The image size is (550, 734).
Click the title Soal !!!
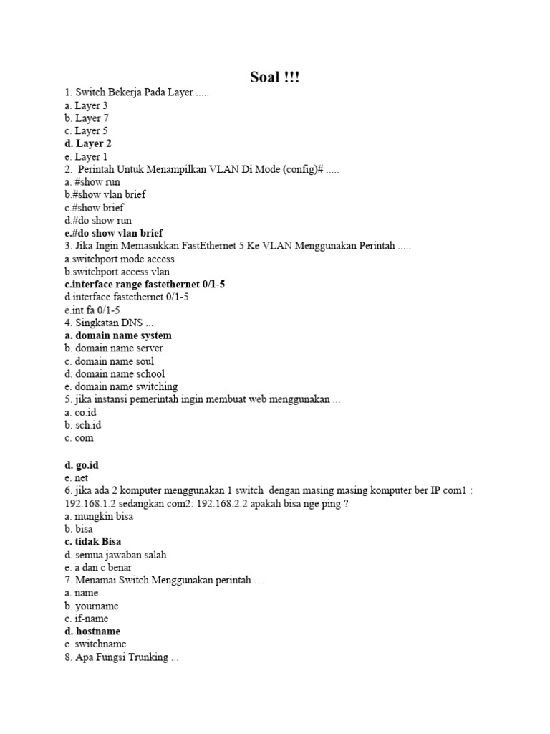[275, 77]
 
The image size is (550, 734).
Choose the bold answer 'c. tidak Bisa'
[92, 542]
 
